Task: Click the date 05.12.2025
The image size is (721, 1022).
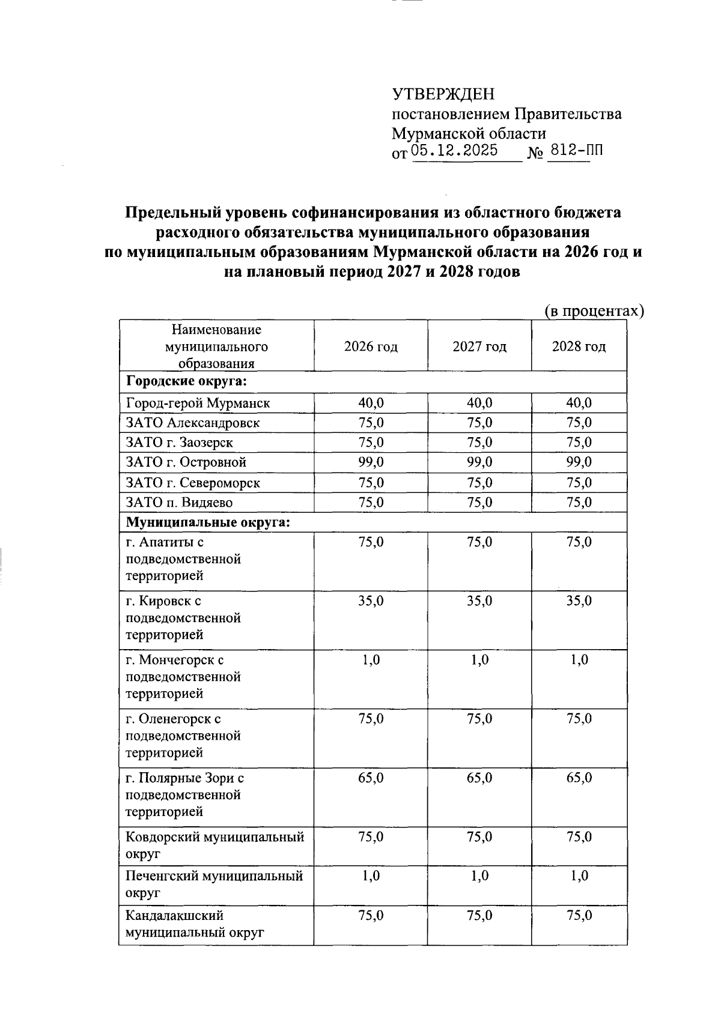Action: point(455,151)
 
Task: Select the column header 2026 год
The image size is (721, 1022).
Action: point(371,346)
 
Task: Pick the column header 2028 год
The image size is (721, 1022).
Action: point(579,346)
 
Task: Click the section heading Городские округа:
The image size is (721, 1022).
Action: point(187,382)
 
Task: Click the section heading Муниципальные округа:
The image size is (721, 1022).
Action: point(208,522)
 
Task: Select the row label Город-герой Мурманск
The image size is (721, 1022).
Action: point(198,403)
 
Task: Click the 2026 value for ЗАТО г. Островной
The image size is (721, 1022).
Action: point(371,462)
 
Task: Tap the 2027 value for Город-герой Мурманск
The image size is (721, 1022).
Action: point(479,403)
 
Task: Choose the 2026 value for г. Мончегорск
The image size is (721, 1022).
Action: point(371,660)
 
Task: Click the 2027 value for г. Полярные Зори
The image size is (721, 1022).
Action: point(479,778)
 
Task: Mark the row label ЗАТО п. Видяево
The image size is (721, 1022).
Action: point(179,502)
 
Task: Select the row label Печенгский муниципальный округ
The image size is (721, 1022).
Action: point(214,884)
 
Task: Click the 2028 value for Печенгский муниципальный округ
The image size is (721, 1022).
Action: point(579,876)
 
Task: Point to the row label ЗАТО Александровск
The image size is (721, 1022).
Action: point(193,423)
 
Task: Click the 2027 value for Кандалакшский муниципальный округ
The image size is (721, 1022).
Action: point(479,916)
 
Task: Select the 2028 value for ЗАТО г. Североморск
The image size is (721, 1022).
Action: point(579,482)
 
